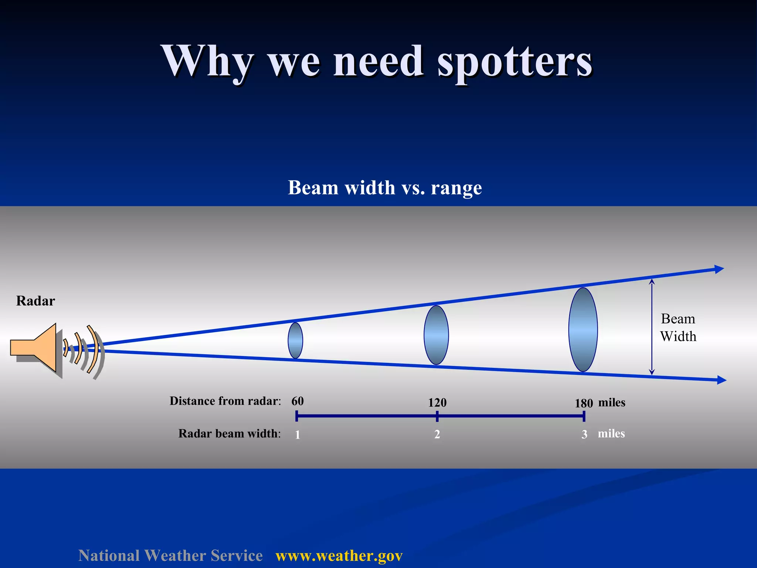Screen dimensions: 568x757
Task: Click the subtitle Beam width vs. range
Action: pos(385,187)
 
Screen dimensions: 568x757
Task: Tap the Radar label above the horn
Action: pos(35,301)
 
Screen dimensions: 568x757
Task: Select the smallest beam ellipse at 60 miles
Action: pos(295,341)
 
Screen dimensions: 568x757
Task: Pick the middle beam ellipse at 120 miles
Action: pos(436,335)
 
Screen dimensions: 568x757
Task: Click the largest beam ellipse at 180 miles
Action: pos(583,329)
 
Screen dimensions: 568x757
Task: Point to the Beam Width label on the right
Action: pos(678,328)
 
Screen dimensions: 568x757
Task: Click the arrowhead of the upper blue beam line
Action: pos(719,269)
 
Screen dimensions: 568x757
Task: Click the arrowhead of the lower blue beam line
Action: pos(721,380)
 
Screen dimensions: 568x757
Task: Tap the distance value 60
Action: pos(298,401)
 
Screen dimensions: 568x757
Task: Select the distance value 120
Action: pos(437,403)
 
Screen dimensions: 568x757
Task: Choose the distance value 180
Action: pos(584,403)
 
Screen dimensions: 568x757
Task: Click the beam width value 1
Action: pos(298,435)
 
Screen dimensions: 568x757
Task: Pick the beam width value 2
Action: pos(437,434)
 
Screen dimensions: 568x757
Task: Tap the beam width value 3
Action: pos(584,434)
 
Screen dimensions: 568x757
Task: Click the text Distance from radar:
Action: pos(225,401)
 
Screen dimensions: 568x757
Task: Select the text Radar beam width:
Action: pos(229,433)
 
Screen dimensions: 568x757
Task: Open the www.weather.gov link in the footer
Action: pos(339,556)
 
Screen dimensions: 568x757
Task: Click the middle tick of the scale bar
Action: pos(437,416)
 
